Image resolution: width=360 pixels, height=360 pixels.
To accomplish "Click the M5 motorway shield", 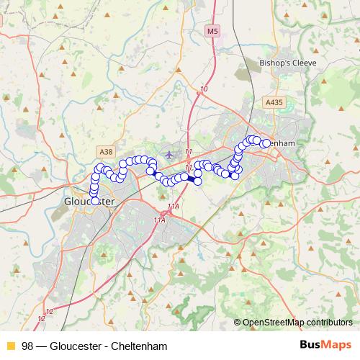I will (x=211, y=31).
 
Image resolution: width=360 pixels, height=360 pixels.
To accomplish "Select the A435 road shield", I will (x=274, y=104).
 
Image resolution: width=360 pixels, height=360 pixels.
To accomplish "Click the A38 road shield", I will (x=106, y=151).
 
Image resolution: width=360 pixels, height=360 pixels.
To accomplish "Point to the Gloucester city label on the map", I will (x=89, y=202).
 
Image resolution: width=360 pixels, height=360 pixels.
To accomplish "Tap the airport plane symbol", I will (x=169, y=154).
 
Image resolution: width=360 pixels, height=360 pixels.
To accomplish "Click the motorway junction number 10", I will (x=204, y=89).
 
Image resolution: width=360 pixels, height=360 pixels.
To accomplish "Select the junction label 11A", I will (x=159, y=220).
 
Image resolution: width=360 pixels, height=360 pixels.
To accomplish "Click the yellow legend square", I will (x=10, y=345).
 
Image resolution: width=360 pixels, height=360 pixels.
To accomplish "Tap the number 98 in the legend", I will (x=28, y=345).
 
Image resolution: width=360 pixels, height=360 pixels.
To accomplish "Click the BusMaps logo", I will (x=325, y=344).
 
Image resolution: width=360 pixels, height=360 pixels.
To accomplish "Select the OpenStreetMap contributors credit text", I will (x=297, y=323).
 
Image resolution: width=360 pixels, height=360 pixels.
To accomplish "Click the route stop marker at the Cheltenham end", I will (x=266, y=143).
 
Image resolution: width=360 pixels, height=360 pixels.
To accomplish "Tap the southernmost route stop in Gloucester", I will (x=94, y=201).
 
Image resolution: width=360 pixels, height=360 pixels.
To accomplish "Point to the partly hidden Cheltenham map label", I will (x=284, y=143).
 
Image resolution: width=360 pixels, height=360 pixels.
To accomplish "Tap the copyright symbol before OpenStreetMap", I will (x=237, y=323).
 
